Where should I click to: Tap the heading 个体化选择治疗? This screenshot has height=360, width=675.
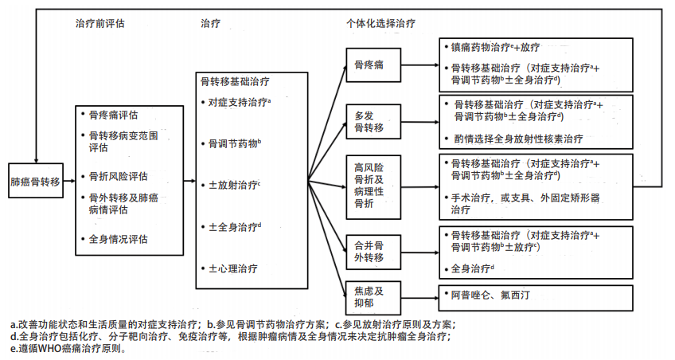point(380,24)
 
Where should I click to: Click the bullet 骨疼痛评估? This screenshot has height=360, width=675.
point(119,115)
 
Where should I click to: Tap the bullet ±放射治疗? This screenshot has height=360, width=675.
point(234,186)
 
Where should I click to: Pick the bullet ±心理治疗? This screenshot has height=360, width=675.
point(232,268)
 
